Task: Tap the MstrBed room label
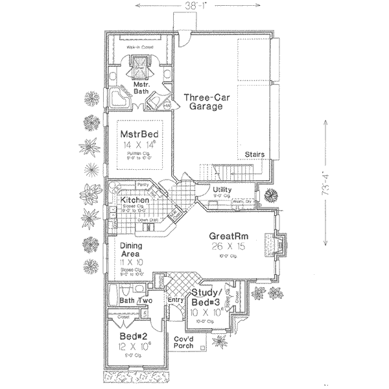[x=140, y=134]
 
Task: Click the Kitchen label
[x=136, y=200]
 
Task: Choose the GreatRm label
[x=227, y=236]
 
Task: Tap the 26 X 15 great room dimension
[x=227, y=246]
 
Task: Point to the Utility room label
[x=224, y=189]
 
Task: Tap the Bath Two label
[x=136, y=301]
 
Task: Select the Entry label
[x=175, y=301]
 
